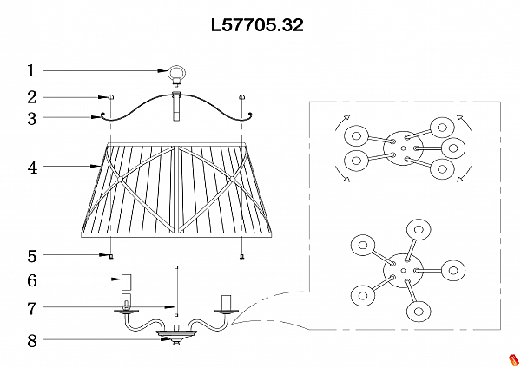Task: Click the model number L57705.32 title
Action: click(257, 25)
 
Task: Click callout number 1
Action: click(31, 70)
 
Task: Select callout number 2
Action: click(31, 97)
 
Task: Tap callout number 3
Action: click(31, 118)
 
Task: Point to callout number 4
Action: click(31, 168)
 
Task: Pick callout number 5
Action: click(31, 256)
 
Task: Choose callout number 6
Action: click(31, 280)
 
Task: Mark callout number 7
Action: click(31, 307)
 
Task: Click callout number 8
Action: click(31, 340)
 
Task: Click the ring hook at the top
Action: click(176, 74)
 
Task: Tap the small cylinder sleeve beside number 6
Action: click(125, 281)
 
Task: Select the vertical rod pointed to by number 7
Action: click(176, 292)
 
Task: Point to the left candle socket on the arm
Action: click(126, 303)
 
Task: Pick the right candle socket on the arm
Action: click(228, 302)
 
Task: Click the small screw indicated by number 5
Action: click(112, 257)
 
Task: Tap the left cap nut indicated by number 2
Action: click(111, 96)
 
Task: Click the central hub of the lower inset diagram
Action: click(400, 266)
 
